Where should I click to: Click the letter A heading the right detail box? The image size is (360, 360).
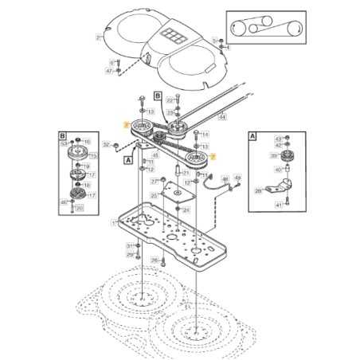click(x=252, y=136)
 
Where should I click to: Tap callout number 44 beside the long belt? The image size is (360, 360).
click(x=222, y=117)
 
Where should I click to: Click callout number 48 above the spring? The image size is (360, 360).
click(x=225, y=178)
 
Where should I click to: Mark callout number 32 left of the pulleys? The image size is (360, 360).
click(x=106, y=144)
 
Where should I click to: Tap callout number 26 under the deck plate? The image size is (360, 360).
click(x=155, y=260)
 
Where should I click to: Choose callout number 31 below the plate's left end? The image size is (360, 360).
click(x=129, y=246)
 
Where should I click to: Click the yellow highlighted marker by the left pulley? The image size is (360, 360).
click(x=126, y=124)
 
